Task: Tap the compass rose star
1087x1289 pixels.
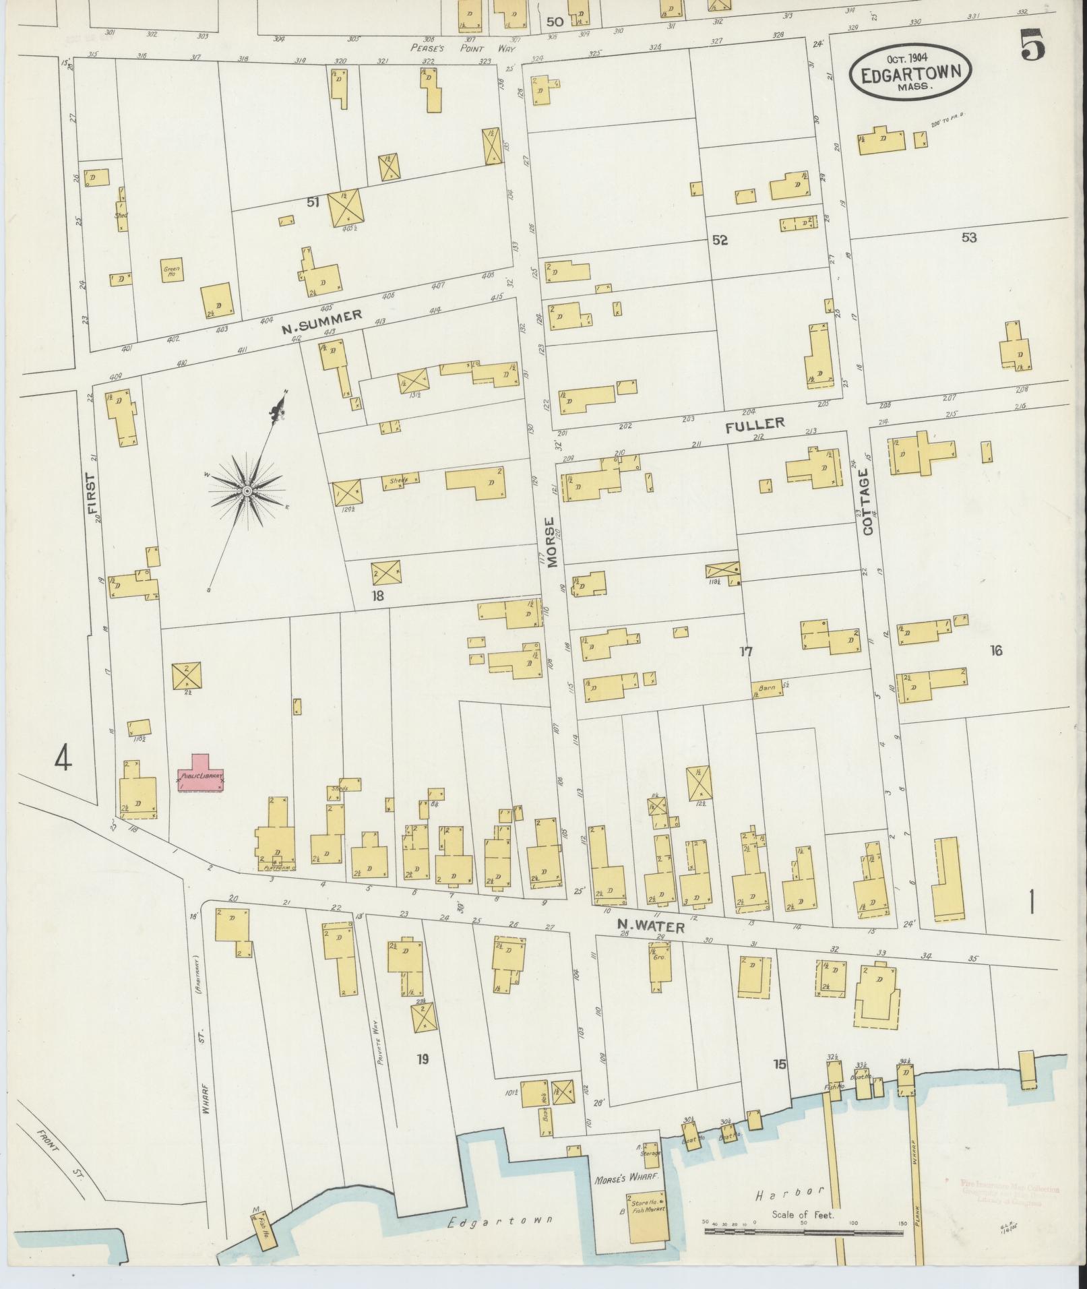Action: [x=247, y=492]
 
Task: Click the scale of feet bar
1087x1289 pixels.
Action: [x=803, y=1231]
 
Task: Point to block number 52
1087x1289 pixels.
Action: [x=720, y=240]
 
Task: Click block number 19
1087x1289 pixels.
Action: [x=422, y=1059]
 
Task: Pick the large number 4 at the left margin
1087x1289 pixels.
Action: [x=63, y=759]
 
